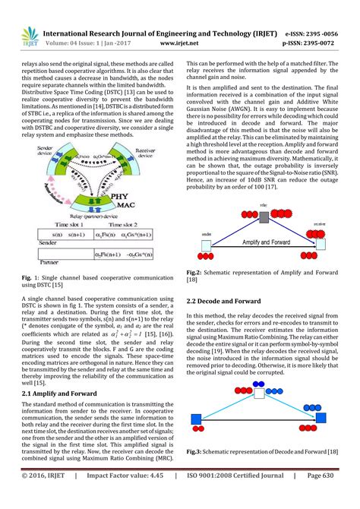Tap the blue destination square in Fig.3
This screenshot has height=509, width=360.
[331, 419]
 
